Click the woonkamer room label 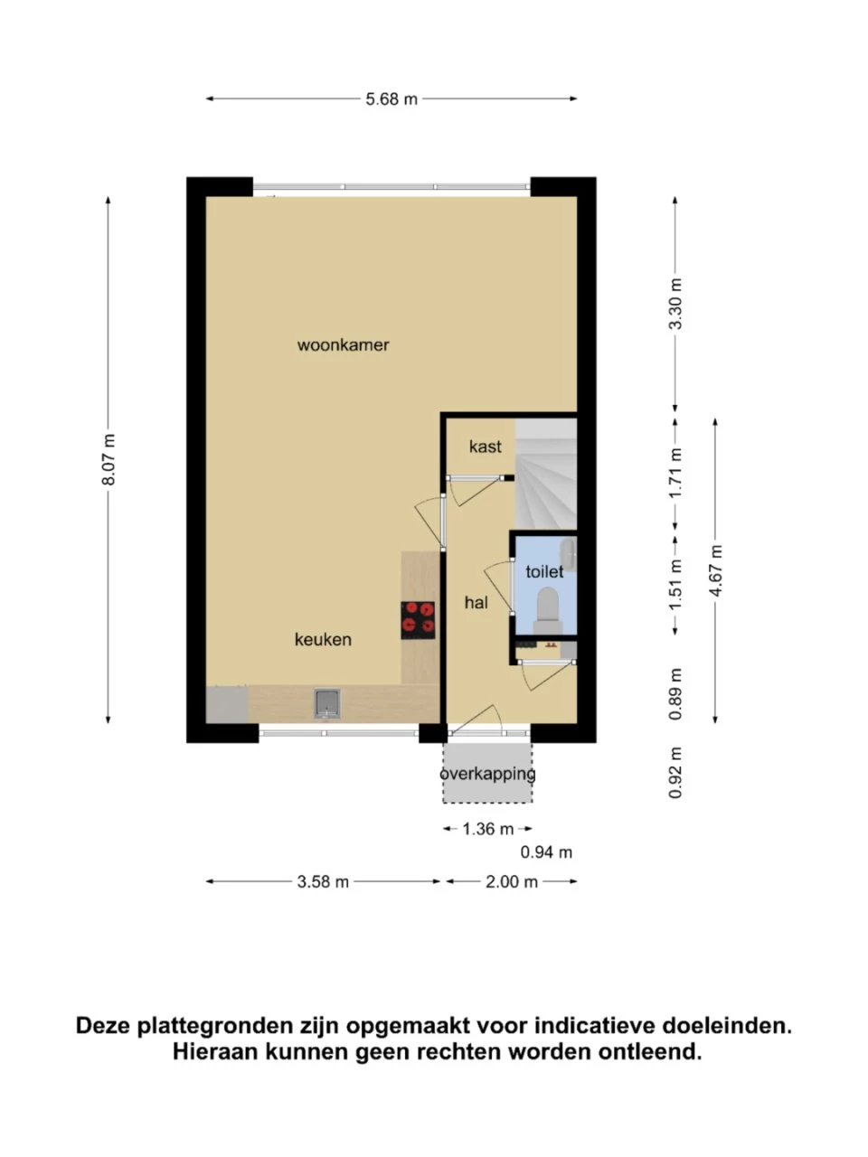[343, 345]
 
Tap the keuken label [323, 640]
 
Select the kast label [486, 447]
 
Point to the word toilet [544, 572]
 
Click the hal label [476, 603]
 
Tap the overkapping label [487, 775]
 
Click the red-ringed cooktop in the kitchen [418, 620]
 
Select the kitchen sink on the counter [327, 703]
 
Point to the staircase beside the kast [546, 475]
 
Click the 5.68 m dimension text [392, 99]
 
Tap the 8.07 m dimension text [108, 459]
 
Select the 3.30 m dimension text [675, 304]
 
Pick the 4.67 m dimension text [715, 570]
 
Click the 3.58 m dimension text [323, 882]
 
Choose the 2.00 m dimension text [512, 882]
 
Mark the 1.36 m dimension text [488, 829]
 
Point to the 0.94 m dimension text [546, 852]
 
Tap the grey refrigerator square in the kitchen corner [227, 705]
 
